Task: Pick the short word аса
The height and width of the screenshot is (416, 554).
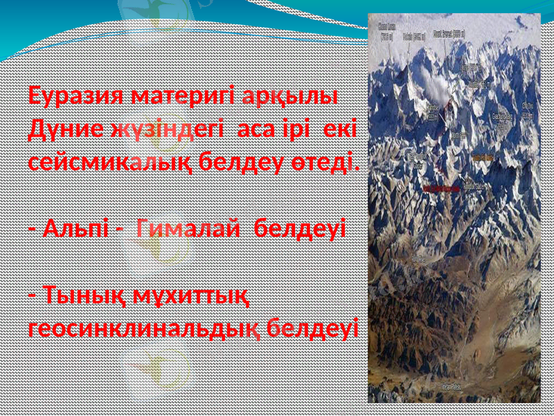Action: [x=257, y=130]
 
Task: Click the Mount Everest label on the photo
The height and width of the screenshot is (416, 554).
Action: [x=449, y=33]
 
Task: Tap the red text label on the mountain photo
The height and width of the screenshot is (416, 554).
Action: [x=441, y=188]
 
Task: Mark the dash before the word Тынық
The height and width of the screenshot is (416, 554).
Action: [x=33, y=294]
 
